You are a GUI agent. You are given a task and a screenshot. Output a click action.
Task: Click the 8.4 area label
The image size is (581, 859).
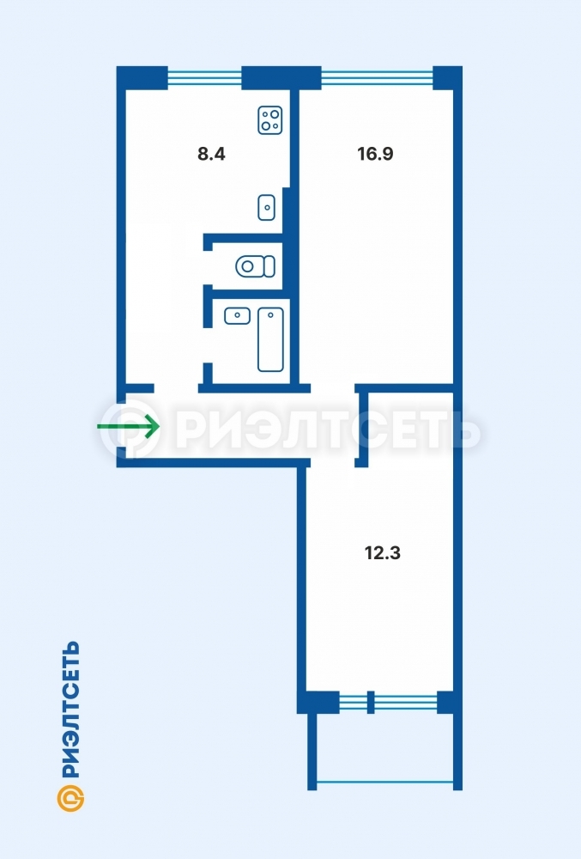(211, 154)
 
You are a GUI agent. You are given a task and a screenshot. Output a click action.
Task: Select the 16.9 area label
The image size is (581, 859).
(375, 154)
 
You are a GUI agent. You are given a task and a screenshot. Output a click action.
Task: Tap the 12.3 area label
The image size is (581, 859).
(383, 552)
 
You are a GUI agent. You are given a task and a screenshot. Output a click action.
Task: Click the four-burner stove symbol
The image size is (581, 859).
(270, 120)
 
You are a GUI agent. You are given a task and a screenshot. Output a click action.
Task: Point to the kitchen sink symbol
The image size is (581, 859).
(266, 208)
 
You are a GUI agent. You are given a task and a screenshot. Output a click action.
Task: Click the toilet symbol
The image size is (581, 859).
(256, 266)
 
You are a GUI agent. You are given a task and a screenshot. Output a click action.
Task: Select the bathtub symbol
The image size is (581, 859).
(271, 339)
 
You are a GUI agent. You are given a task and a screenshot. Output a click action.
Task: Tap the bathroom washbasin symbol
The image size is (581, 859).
(238, 316)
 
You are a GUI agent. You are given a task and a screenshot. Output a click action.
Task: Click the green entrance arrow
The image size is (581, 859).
(129, 426)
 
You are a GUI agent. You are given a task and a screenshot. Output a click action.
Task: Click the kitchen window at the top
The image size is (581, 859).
(204, 78)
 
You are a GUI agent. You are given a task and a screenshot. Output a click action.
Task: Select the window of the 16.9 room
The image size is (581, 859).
(377, 78)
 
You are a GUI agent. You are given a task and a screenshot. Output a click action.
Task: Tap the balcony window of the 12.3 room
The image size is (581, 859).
(389, 702)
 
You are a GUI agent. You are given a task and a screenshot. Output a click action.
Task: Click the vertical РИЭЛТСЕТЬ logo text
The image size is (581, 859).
(70, 710)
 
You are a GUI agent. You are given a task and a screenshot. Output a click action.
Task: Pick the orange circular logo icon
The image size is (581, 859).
(70, 798)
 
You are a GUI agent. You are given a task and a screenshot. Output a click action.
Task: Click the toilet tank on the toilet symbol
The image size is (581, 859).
(269, 266)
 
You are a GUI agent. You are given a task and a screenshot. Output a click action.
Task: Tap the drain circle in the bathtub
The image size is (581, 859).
(270, 315)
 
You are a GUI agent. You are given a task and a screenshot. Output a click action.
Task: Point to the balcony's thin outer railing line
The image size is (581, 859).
(385, 783)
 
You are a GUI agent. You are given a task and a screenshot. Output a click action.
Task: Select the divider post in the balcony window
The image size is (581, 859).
(371, 702)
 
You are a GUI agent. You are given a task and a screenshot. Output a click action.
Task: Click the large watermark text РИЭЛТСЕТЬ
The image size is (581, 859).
(328, 430)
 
